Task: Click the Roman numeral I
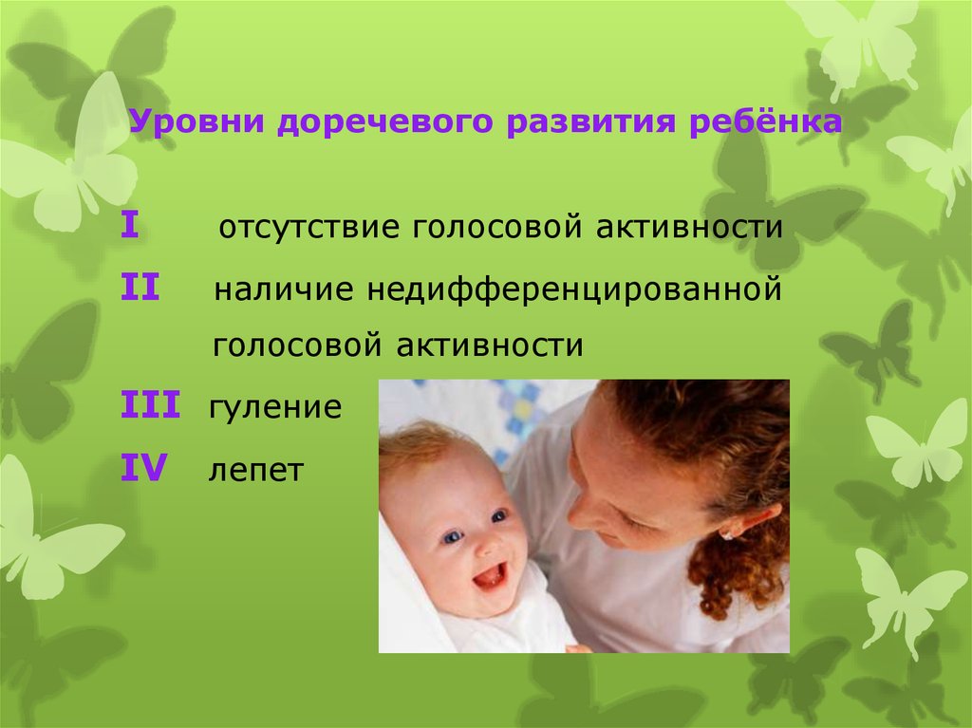[129, 225]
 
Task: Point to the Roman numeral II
[140, 287]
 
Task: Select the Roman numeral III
[150, 404]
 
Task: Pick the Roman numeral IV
[144, 468]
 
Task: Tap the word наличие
[283, 289]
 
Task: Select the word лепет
[255, 471]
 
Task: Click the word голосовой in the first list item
[496, 228]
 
